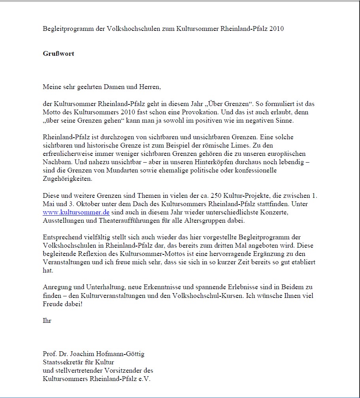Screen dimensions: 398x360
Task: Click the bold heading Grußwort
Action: pyautogui.click(x=58, y=53)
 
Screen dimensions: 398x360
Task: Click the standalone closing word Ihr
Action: pyautogui.click(x=47, y=320)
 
